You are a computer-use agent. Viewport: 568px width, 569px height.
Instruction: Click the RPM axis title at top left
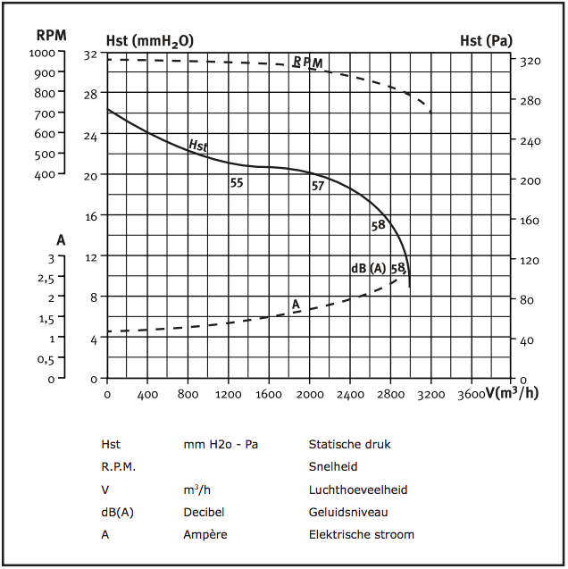point(50,37)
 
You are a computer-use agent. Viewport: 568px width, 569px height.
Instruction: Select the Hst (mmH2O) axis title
point(149,40)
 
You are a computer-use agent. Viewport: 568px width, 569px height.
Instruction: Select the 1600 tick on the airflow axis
point(269,393)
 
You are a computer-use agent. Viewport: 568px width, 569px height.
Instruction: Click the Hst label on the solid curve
point(197,145)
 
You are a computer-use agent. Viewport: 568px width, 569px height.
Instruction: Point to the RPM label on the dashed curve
point(307,63)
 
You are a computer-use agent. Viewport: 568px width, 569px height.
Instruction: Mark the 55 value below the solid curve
point(237,183)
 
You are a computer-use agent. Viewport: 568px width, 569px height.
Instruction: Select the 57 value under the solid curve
point(318,186)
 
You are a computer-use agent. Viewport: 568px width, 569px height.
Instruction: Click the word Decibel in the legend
point(204,512)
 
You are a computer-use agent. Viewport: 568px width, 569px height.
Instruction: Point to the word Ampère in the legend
point(205,535)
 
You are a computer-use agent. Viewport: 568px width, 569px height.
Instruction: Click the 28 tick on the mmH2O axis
point(90,95)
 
